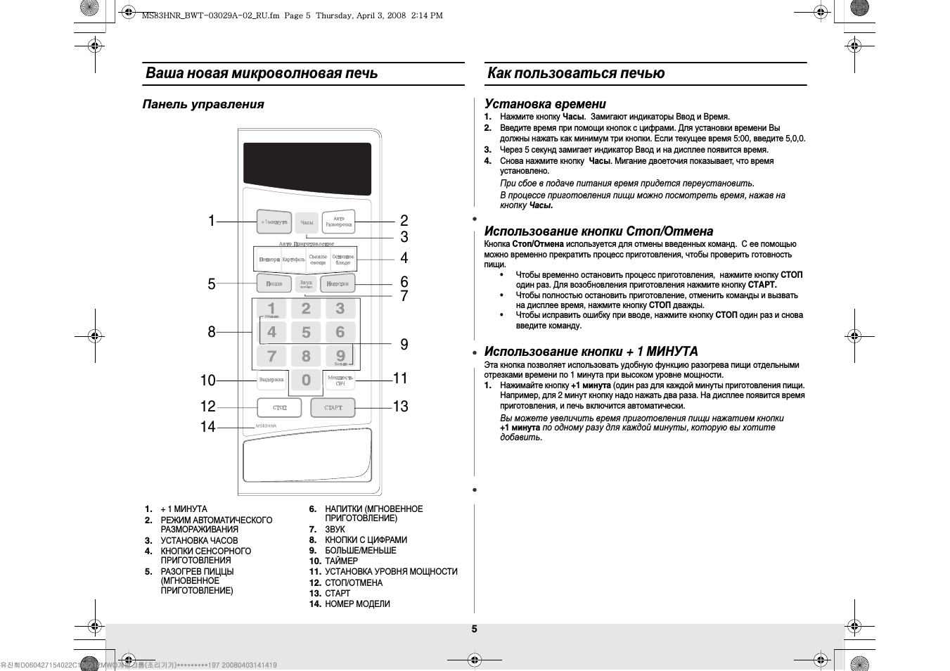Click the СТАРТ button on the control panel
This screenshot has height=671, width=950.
pos(333,407)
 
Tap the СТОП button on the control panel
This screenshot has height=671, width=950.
pos(279,407)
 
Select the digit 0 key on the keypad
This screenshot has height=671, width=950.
pos(306,380)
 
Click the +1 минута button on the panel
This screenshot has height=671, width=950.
pos(274,222)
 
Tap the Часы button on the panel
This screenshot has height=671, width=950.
pos(307,222)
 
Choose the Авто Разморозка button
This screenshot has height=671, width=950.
pos(338,222)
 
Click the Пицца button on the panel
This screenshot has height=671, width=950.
pos(274,283)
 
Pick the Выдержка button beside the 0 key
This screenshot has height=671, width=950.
pos(271,380)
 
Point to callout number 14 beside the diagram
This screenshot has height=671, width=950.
pos(207,426)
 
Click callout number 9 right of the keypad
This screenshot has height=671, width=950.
pos(404,344)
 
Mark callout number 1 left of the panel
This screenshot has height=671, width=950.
pos(211,221)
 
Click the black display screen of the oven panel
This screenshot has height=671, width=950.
pos(307,169)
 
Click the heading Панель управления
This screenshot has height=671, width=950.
pos(203,104)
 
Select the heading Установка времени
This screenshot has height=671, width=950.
pos(545,104)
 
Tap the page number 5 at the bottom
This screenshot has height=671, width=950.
pos(474,629)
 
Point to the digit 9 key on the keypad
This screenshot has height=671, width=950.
pos(340,355)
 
